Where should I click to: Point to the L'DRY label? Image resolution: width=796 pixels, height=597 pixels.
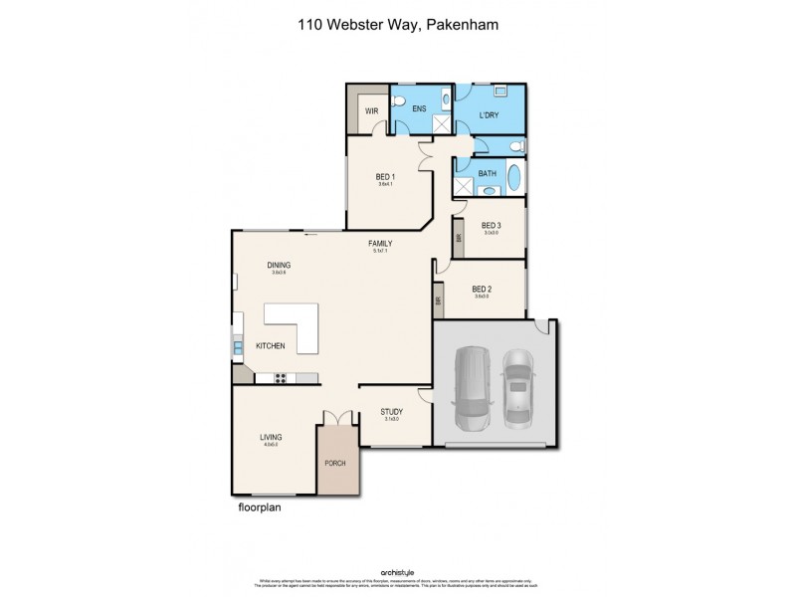pos(488,115)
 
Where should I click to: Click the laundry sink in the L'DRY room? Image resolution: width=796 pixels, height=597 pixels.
pos(499,91)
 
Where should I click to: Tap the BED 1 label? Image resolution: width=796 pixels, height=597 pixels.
pos(385,177)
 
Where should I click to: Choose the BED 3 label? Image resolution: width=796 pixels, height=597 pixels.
pos(490,226)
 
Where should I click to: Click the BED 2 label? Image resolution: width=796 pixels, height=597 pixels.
pos(483,290)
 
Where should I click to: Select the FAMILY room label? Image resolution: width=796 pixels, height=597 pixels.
pos(379,243)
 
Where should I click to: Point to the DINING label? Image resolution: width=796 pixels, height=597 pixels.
pos(278,265)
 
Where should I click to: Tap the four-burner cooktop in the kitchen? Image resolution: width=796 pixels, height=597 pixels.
pos(281,377)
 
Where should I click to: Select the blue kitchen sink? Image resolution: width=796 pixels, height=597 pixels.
pos(238,347)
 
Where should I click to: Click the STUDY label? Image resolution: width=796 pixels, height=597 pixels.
pos(391,411)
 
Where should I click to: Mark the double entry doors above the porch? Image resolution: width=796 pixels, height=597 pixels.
pos(338,418)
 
